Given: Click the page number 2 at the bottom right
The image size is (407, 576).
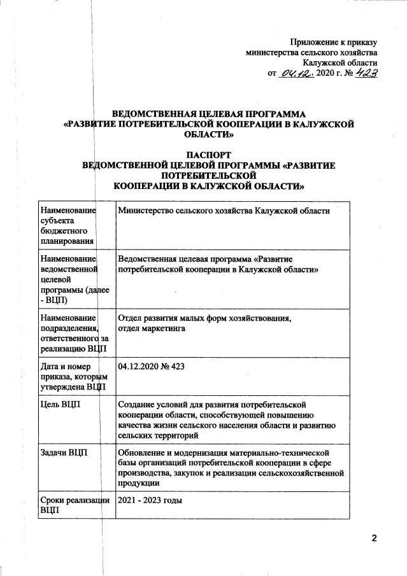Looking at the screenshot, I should pyautogui.click(x=375, y=539).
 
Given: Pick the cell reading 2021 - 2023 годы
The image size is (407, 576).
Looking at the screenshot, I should pyautogui.click(x=150, y=500).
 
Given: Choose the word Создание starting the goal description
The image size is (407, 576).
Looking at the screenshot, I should pyautogui.click(x=138, y=404).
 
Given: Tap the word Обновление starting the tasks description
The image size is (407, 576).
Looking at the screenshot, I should pyautogui.click(x=143, y=452).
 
